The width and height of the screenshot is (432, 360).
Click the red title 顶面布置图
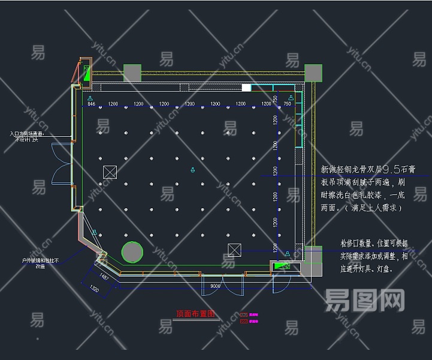tap(195, 313)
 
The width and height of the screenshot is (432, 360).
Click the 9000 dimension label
tap(216, 286)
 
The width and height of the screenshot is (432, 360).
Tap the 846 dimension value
tap(91, 104)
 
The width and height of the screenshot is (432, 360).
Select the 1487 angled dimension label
tap(103, 277)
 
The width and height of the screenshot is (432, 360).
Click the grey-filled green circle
tap(132, 253)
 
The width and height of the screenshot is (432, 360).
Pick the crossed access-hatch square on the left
tap(110, 172)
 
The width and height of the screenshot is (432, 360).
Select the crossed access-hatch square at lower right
tap(234, 250)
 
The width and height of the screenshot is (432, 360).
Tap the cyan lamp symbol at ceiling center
tap(192, 170)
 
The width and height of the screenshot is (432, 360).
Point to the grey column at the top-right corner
tap(313, 73)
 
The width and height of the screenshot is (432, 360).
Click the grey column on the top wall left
tap(132, 72)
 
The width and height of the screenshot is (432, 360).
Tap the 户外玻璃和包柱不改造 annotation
tap(40, 263)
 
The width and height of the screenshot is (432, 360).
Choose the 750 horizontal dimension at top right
tap(287, 104)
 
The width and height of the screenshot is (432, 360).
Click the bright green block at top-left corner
tap(87, 74)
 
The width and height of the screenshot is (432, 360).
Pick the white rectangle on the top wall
tap(246, 88)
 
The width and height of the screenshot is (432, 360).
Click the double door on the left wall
tap(61, 163)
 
